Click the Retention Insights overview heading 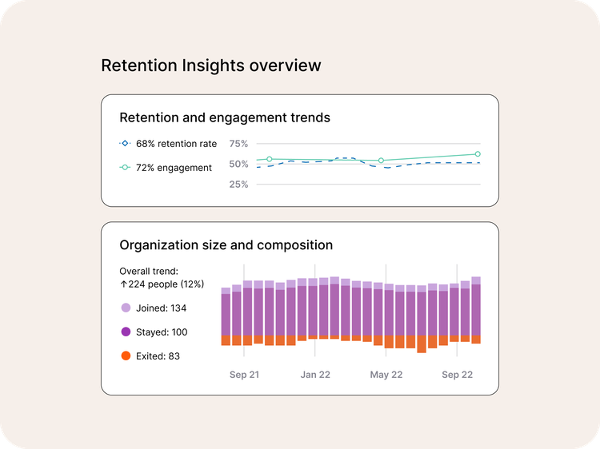(x=210, y=66)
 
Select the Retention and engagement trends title (x=225, y=117)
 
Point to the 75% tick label (x=238, y=144)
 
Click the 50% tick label (x=238, y=165)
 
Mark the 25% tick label (x=238, y=185)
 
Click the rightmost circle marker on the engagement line (x=478, y=154)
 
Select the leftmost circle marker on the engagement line (x=270, y=159)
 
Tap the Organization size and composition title (x=226, y=245)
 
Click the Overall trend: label (x=149, y=271)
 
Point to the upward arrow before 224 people (x=123, y=284)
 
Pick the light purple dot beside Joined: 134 (x=126, y=308)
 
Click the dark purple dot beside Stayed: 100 (x=126, y=332)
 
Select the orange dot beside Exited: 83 (x=126, y=356)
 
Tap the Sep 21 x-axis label (x=244, y=375)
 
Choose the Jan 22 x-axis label (x=315, y=375)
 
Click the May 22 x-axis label (x=386, y=375)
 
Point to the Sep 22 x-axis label (x=457, y=375)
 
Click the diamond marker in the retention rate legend (x=124, y=144)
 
